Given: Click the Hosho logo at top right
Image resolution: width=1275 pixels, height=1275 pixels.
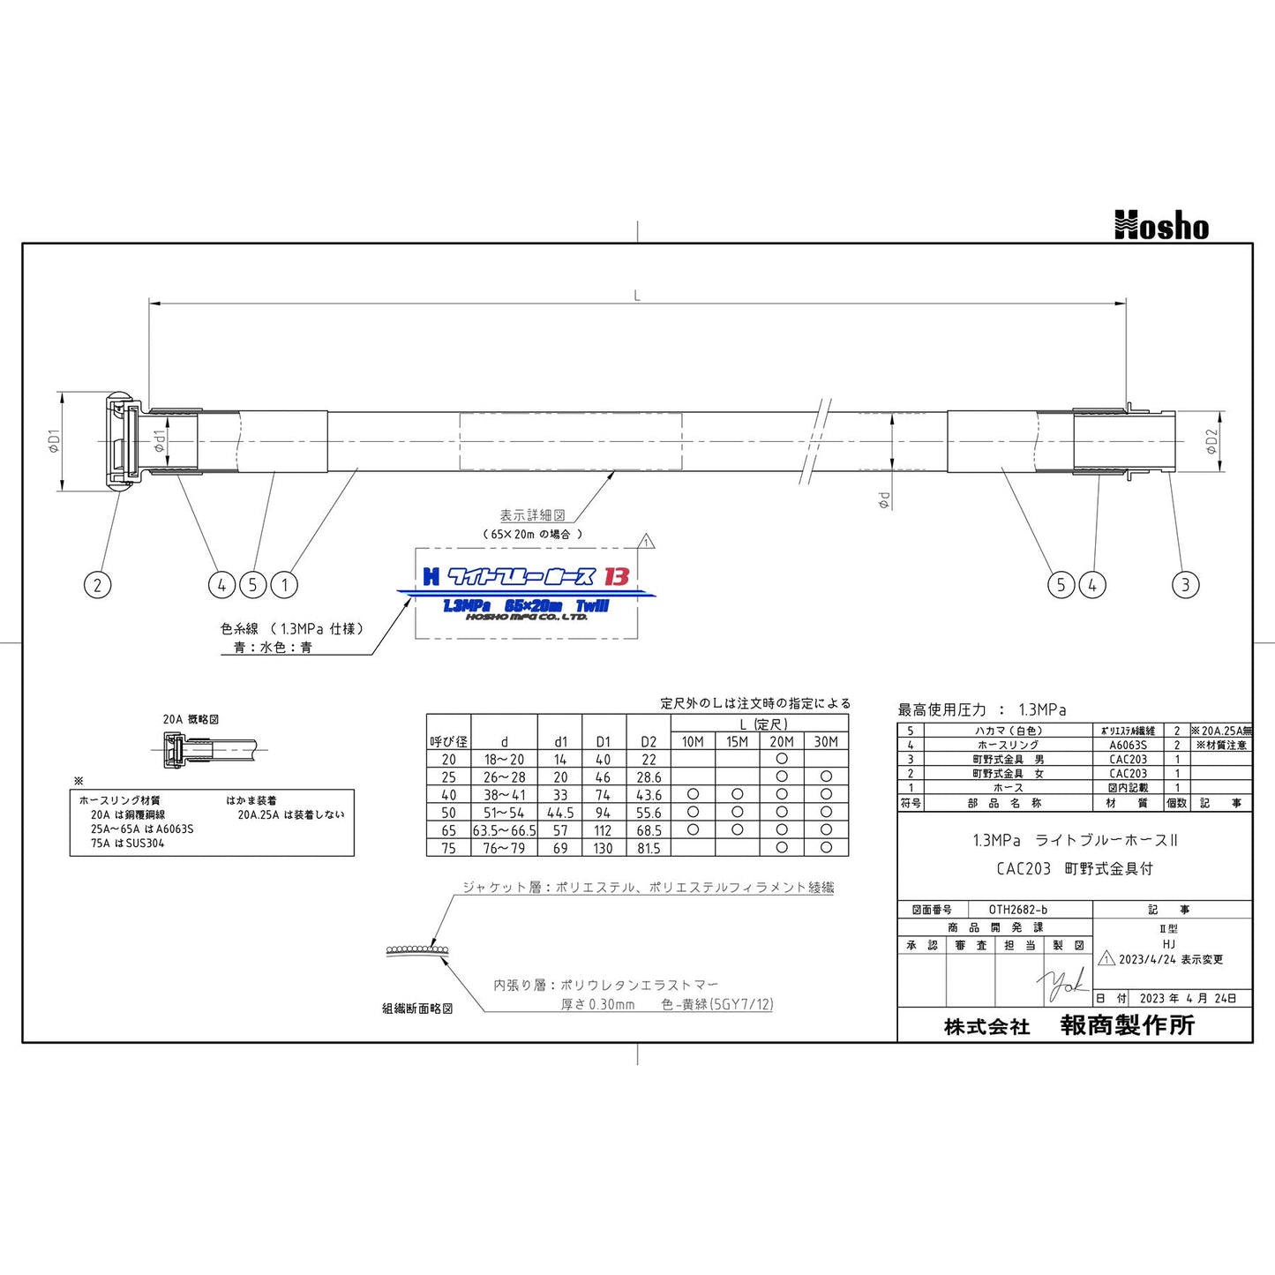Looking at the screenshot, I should (1161, 226).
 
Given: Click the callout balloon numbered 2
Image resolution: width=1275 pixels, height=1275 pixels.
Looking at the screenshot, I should (97, 584).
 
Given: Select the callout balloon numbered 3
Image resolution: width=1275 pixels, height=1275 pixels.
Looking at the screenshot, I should (1185, 584).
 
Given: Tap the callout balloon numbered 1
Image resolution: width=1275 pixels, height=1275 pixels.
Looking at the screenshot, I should (284, 584).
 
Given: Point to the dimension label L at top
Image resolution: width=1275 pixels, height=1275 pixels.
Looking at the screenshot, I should (637, 296).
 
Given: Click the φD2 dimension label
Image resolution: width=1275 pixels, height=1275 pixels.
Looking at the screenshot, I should (1211, 441).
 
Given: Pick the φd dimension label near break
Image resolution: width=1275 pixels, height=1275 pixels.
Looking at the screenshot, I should (883, 500).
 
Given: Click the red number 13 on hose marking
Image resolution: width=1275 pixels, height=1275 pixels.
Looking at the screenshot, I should (616, 576).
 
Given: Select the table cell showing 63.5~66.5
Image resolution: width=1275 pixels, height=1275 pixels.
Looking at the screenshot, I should (504, 830).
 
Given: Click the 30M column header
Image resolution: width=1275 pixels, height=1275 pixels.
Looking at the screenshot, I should (826, 742).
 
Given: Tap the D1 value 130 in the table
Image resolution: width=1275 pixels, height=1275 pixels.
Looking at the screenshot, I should (603, 848).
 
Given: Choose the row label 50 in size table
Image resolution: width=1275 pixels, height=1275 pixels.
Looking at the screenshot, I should (448, 813).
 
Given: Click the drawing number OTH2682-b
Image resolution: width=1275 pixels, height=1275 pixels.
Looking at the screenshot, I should (1017, 910).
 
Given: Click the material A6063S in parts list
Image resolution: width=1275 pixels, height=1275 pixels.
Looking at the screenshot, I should (1128, 745).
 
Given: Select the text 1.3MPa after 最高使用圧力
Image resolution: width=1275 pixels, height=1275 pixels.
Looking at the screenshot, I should (1042, 709).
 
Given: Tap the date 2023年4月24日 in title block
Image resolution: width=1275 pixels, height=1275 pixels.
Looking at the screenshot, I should (1188, 999).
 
